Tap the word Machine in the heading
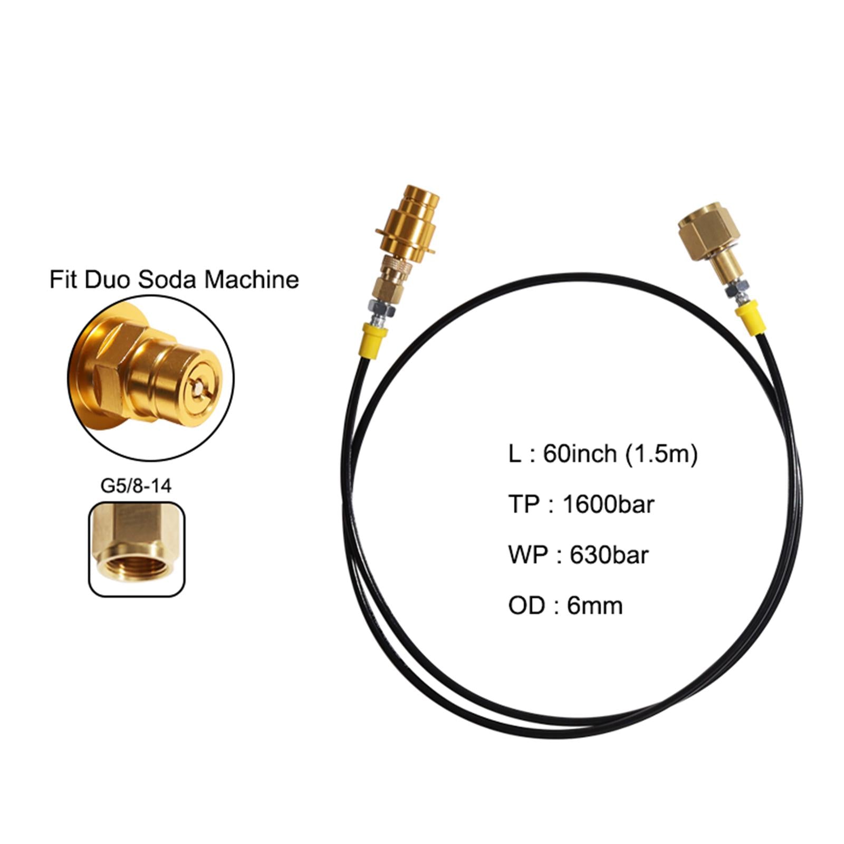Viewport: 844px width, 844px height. point(252,279)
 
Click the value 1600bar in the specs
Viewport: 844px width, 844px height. point(608,504)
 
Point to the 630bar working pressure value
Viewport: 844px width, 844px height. point(609,554)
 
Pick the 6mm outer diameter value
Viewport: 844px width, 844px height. point(594,605)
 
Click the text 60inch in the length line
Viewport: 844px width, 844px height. point(580,453)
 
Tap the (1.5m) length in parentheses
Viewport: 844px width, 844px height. point(661,453)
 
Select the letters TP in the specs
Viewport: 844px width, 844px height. point(523,504)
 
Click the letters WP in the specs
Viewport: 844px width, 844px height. point(527,554)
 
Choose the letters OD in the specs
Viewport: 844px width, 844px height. point(526,605)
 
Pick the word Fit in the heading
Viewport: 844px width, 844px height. point(63,279)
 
